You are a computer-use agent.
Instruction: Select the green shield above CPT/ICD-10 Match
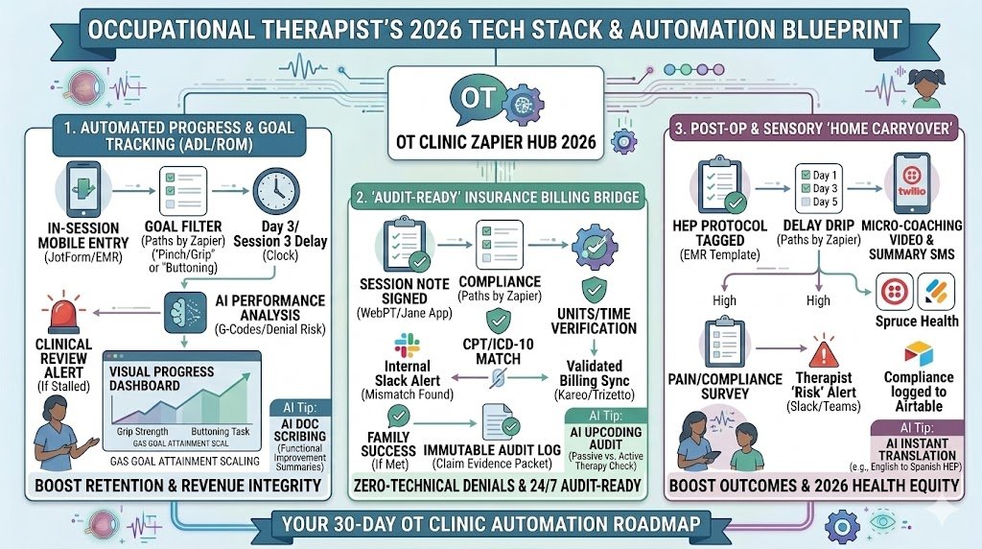pos(497,321)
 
